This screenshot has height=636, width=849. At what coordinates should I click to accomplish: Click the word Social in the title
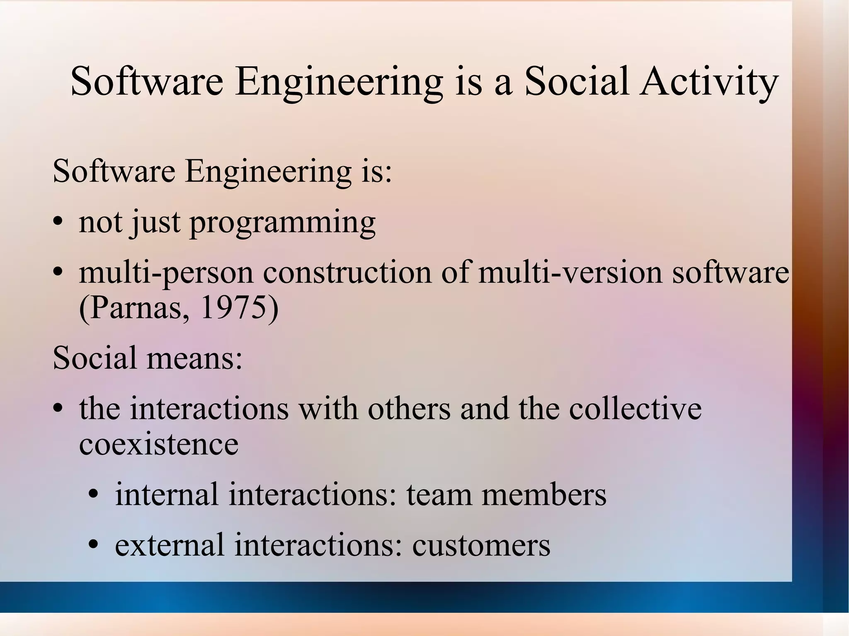tap(577, 81)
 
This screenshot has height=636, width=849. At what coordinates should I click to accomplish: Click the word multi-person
tap(166, 273)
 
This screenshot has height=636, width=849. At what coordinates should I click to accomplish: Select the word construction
tap(347, 273)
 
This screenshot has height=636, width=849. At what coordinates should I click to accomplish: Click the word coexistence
tap(159, 444)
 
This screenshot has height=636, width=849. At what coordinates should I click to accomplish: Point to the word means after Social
tap(194, 358)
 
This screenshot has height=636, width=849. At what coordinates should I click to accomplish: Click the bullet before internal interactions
tap(94, 494)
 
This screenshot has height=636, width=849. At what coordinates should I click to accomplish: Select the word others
tap(409, 409)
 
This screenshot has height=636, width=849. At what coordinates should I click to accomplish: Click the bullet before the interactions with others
tap(58, 409)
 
